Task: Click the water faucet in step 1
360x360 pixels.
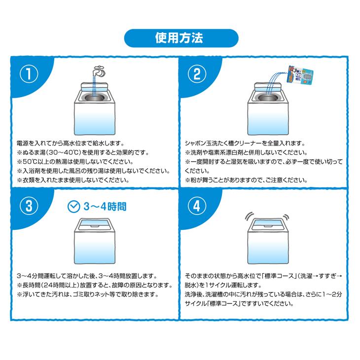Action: point(97,71)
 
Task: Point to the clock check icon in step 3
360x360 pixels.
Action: point(73,206)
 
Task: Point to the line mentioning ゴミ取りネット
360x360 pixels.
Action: point(87,294)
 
